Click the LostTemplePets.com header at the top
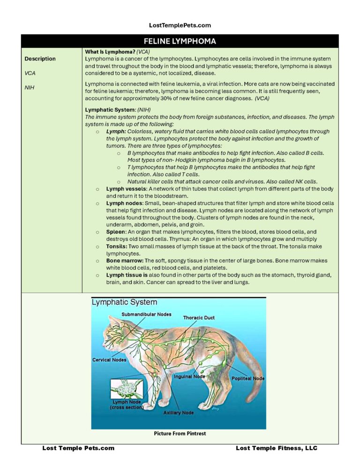click(180, 25)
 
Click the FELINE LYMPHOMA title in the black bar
click(180, 41)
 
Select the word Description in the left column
click(40, 59)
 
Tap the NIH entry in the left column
click(30, 87)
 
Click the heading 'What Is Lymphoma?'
click(110, 52)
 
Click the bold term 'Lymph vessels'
click(123, 189)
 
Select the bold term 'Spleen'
click(115, 232)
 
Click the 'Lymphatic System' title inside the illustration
click(125, 303)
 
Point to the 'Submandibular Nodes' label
click(146, 314)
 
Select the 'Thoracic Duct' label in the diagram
click(199, 318)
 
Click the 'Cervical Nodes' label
click(109, 360)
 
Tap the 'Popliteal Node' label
click(248, 378)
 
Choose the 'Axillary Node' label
click(179, 413)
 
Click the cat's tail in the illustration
click(250, 356)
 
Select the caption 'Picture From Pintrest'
click(180, 434)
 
